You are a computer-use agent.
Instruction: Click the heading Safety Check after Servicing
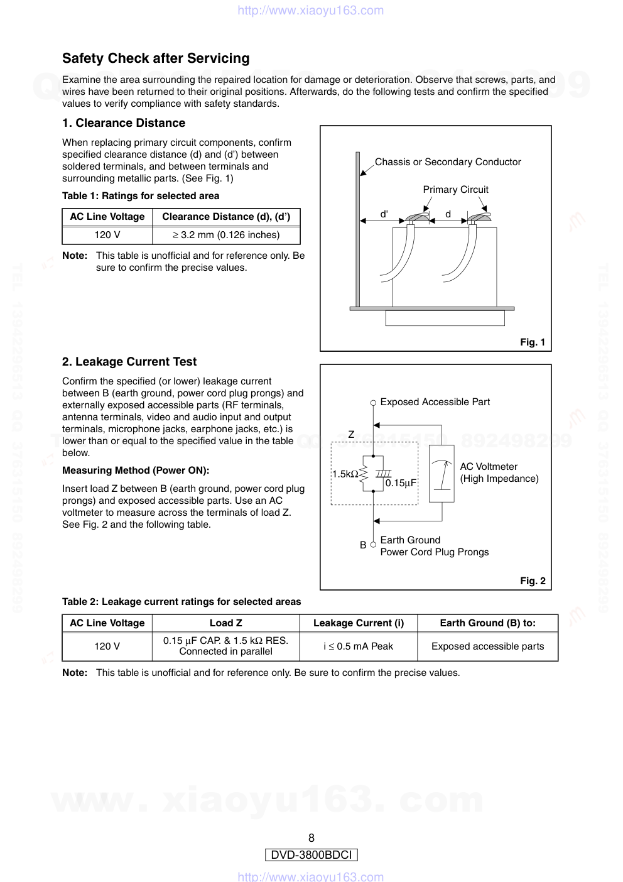click(156, 58)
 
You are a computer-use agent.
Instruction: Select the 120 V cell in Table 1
click(107, 235)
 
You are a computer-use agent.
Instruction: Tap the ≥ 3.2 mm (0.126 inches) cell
click(226, 235)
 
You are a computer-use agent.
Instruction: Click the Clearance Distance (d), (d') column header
click(226, 217)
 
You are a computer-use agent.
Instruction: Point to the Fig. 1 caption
click(532, 342)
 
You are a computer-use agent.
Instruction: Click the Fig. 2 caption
click(532, 581)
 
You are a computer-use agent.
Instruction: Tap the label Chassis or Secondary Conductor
click(448, 162)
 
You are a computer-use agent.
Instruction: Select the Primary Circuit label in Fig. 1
click(455, 190)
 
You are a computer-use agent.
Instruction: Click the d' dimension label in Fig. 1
click(384, 214)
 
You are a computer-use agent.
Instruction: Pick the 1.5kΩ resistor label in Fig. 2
click(345, 474)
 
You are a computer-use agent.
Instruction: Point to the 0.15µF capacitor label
click(401, 483)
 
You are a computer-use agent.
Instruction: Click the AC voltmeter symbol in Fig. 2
click(442, 474)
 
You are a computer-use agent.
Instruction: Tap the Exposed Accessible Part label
click(435, 402)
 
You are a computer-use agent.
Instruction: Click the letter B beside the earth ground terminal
click(363, 545)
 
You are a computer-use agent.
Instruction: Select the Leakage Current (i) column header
click(358, 623)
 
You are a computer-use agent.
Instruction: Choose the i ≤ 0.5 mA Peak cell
click(358, 646)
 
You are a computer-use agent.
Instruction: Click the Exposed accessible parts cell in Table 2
click(487, 646)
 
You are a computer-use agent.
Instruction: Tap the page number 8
click(311, 838)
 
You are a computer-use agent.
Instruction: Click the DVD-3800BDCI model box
click(311, 855)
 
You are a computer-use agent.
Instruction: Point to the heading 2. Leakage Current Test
click(129, 362)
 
